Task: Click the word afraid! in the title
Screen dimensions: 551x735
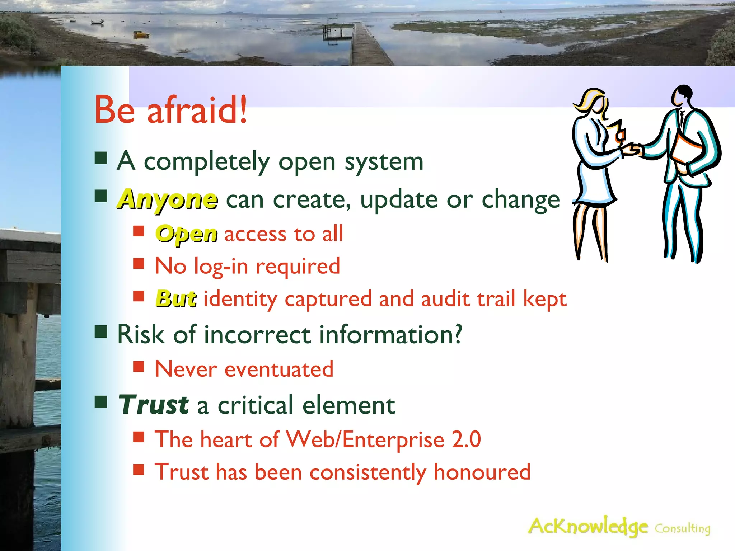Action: pyautogui.click(x=197, y=110)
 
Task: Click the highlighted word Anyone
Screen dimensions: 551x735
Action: pyautogui.click(x=168, y=199)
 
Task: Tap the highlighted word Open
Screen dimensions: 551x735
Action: pyautogui.click(x=186, y=234)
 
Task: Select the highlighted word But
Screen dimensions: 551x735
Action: pyautogui.click(x=176, y=298)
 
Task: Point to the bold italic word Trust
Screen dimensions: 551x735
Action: pyautogui.click(x=154, y=405)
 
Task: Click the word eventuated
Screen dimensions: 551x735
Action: pyautogui.click(x=279, y=369)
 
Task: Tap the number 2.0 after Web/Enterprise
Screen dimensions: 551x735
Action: pyautogui.click(x=466, y=439)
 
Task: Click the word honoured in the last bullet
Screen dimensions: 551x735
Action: pyautogui.click(x=482, y=472)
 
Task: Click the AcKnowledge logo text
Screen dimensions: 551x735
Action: pyautogui.click(x=587, y=527)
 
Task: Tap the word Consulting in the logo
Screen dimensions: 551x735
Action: pyautogui.click(x=682, y=528)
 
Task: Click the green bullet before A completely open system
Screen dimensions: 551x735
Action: pyautogui.click(x=101, y=158)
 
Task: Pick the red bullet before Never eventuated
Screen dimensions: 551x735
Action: pyautogui.click(x=139, y=367)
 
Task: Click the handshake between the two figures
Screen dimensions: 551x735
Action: pyautogui.click(x=632, y=150)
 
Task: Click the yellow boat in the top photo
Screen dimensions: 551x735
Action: pyautogui.click(x=141, y=35)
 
